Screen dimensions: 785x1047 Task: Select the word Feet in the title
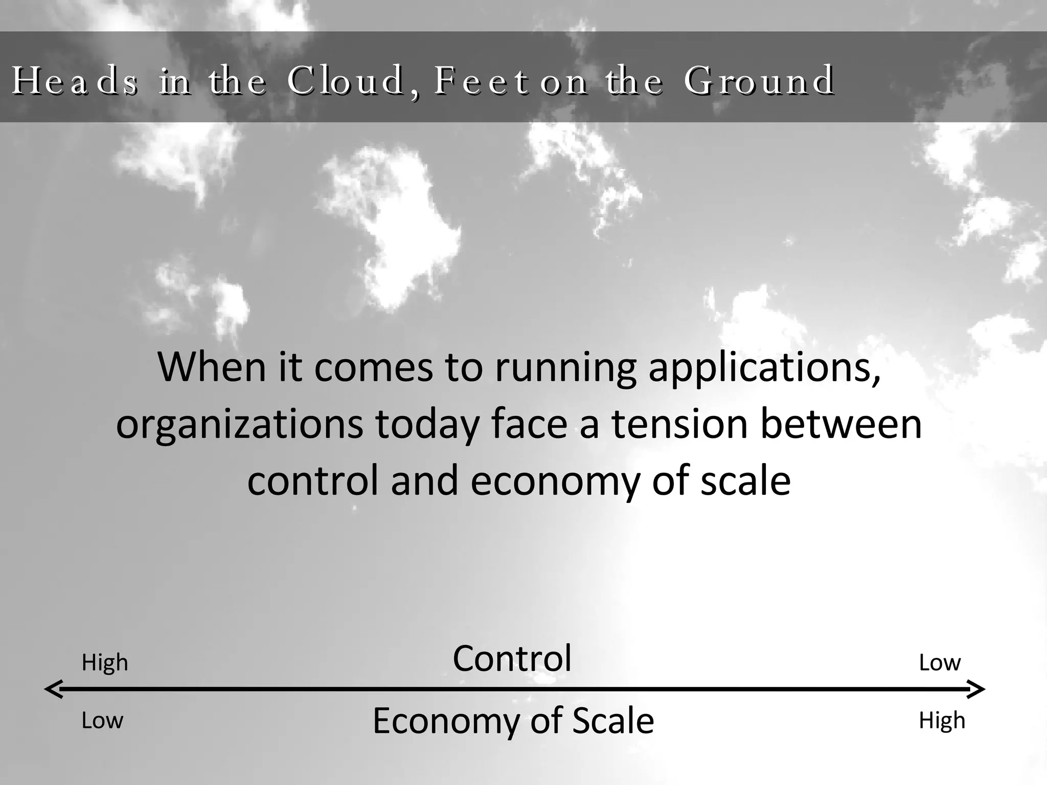[x=481, y=81]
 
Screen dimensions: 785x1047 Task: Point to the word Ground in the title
[x=760, y=81]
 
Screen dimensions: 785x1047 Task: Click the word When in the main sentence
[x=212, y=366]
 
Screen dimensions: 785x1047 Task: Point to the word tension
[x=680, y=424]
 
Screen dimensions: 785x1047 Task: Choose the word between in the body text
[x=841, y=424]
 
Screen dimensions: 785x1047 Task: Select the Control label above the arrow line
[x=512, y=658]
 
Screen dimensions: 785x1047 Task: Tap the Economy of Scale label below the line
[x=513, y=721]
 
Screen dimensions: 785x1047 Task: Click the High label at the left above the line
[x=105, y=663]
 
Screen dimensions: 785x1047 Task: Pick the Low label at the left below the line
[x=102, y=721]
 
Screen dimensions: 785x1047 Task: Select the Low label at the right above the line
[x=940, y=663]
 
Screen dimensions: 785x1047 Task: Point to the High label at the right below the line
[x=942, y=721]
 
